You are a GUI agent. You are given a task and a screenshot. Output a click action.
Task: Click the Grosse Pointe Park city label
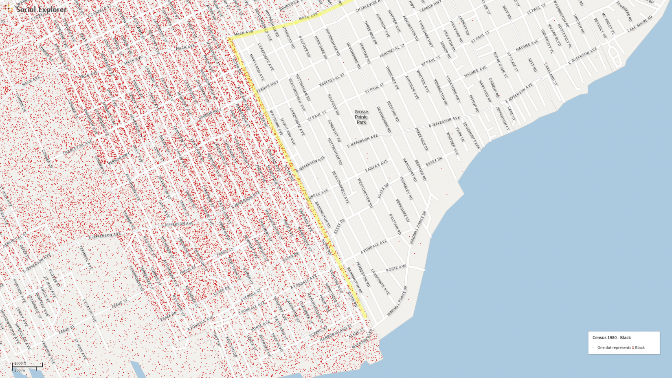click(361, 117)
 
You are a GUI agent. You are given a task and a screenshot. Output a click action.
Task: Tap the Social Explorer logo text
click(41, 9)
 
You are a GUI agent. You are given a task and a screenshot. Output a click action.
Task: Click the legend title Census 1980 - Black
click(611, 338)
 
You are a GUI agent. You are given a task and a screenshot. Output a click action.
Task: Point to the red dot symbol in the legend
click(593, 348)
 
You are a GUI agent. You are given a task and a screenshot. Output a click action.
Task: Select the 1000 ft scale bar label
click(20, 363)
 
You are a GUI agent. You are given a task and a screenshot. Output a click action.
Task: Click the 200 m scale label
click(19, 370)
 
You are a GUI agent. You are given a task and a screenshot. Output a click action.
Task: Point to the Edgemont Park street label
click(471, 136)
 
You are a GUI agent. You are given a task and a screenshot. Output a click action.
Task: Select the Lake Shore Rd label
click(639, 24)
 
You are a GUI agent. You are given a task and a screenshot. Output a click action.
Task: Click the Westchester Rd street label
click(365, 193)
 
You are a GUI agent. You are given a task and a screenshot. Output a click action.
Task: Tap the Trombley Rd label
click(406, 188)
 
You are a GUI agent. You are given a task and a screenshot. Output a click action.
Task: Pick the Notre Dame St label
click(500, 64)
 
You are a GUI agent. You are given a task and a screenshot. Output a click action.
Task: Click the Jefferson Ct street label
click(502, 119)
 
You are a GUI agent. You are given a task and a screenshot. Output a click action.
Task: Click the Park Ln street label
click(460, 134)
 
